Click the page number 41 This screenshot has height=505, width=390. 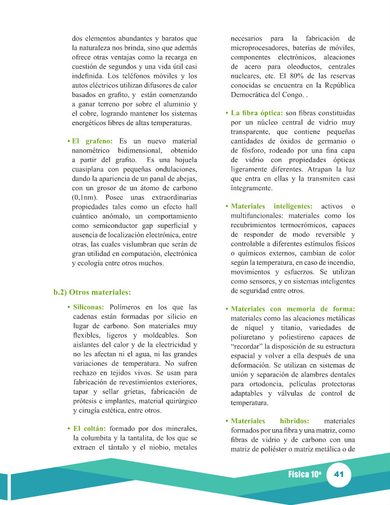(338, 474)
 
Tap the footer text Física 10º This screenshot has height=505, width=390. (304, 474)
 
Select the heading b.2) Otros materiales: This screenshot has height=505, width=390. (92, 292)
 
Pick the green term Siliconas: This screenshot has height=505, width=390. (89, 307)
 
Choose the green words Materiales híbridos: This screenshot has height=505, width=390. (271, 420)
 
